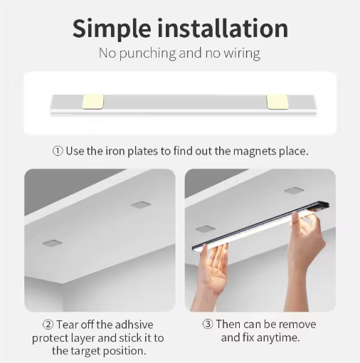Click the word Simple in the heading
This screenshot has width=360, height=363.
112,29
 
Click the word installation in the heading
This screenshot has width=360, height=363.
223,28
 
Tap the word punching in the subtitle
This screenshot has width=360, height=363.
147,53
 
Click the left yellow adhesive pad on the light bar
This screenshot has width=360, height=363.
93,102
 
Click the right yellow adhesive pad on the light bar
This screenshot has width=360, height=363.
277,102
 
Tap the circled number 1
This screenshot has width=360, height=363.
58,151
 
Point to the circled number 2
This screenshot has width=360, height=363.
48,325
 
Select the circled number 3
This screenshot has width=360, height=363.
208,324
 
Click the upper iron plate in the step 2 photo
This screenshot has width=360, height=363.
141,205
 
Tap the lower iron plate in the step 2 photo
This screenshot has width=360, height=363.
52,243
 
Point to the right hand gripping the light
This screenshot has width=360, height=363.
306,258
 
